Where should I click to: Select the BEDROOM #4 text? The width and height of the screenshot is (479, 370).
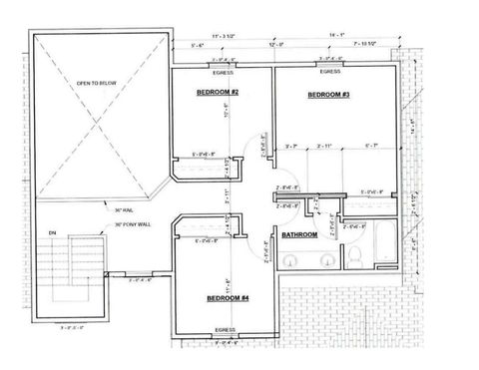coord(227,298)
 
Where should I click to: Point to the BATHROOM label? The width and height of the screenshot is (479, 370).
coord(299,235)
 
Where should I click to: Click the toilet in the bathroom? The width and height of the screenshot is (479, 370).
coord(355,257)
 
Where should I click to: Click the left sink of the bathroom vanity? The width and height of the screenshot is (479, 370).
coord(291,259)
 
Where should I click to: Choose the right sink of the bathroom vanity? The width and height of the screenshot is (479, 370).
coord(322,259)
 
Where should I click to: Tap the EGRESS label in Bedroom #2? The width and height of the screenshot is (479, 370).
coord(224,73)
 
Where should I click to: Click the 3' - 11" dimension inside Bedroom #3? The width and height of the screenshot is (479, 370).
coord(329,148)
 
